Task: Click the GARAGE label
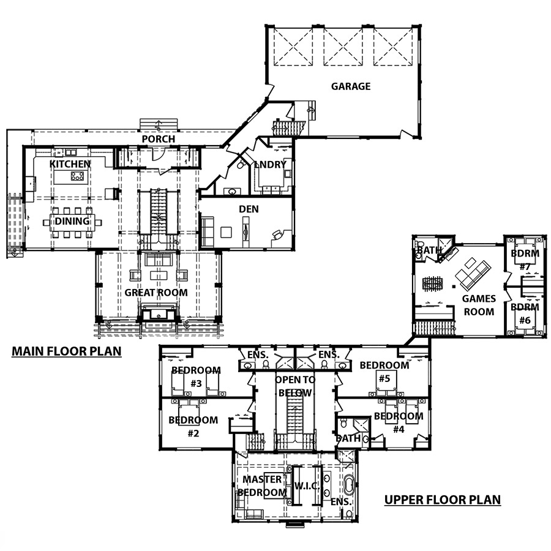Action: [351, 86]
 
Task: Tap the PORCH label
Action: [158, 139]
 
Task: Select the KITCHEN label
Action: [70, 164]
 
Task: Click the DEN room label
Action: [249, 209]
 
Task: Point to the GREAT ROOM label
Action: [156, 293]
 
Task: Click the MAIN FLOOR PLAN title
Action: [67, 351]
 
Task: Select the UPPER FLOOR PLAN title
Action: [443, 500]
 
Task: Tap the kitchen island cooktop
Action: [77, 176]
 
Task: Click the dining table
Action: [72, 222]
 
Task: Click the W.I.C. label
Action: [307, 486]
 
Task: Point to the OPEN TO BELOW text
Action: [295, 386]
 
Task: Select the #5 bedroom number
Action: [384, 378]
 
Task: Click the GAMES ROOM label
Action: [479, 305]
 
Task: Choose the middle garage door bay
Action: [343, 47]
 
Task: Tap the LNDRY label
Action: [270, 165]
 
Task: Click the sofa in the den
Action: [208, 232]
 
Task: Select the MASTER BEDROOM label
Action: [262, 486]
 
